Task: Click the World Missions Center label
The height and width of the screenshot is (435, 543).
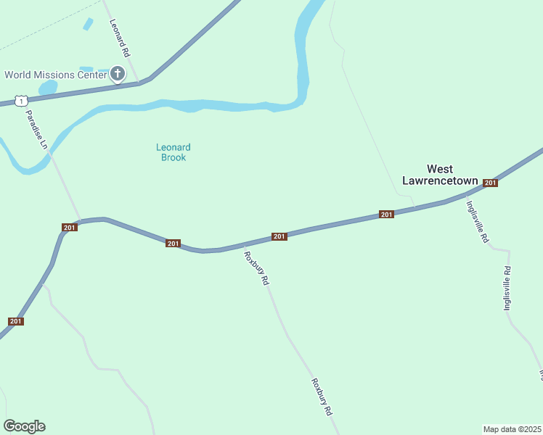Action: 56,75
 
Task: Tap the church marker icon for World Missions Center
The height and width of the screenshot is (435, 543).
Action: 118,74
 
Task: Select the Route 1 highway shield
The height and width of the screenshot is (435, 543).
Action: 23,101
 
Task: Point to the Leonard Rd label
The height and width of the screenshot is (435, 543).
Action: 119,38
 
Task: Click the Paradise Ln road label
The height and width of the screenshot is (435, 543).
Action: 36,129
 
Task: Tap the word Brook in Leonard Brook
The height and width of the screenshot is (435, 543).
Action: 173,157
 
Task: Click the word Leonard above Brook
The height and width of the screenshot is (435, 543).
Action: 173,147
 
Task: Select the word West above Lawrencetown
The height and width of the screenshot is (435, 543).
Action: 440,169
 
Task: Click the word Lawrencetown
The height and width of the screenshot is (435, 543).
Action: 440,181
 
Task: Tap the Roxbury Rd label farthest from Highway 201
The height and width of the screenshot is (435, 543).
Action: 322,397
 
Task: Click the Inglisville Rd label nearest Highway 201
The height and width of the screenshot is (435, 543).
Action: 476,221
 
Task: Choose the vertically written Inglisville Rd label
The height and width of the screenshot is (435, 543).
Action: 507,289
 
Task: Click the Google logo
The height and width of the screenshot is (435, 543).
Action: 24,426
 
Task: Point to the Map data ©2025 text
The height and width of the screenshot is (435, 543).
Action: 513,429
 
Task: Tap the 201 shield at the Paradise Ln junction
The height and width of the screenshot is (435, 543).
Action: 69,228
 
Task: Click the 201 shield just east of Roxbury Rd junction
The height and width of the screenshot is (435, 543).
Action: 279,236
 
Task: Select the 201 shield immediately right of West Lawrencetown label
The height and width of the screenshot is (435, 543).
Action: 490,183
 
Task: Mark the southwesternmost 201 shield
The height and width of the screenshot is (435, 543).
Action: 16,321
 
